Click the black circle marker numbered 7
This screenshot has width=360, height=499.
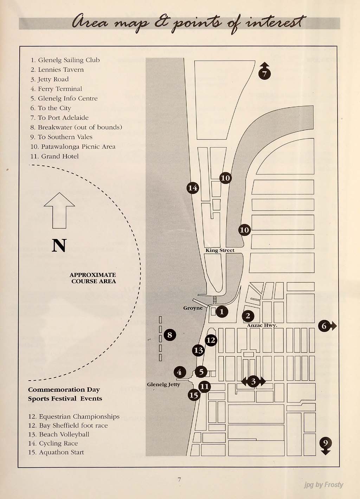pos(265,73)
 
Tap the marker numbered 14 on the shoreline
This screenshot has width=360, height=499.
pos(193,188)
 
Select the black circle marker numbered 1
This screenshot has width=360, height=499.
pos(221,311)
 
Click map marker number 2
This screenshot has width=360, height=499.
pos(248,316)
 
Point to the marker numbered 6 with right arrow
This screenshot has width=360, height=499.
pos(324,326)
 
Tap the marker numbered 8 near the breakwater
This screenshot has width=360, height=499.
pos(170,335)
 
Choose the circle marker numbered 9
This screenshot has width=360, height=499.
pos(326,442)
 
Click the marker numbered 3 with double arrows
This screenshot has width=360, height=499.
pos(253,381)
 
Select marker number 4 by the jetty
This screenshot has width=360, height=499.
pos(180,372)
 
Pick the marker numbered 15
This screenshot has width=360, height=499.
pos(194,395)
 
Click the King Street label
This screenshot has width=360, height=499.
pos(220,250)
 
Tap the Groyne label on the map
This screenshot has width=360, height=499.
pos(193,308)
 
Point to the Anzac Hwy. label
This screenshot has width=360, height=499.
pos(262,325)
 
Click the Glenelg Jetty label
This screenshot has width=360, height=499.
pos(163,384)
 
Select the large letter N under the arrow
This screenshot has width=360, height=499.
pos(59,246)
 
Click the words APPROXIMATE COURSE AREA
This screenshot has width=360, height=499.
pos(93,278)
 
